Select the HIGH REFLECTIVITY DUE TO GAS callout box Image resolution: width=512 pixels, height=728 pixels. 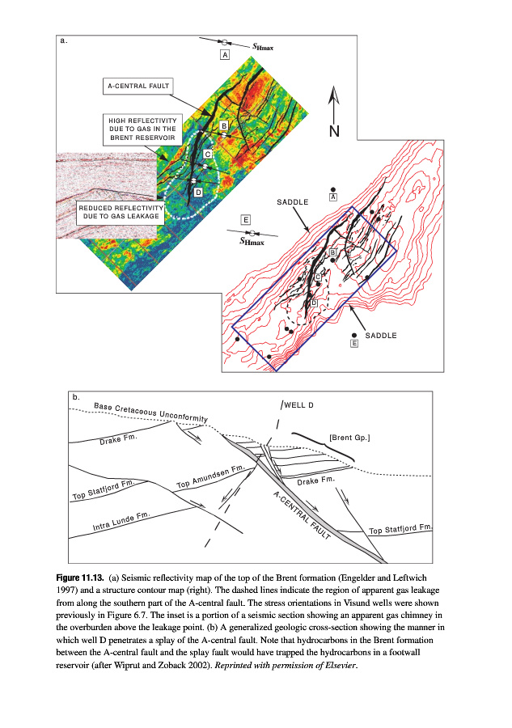click(142, 129)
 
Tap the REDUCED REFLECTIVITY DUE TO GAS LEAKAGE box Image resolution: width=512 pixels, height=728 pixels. click(121, 213)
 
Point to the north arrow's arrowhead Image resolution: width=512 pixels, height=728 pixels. click(332, 95)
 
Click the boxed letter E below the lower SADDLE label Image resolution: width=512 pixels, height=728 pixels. click(354, 344)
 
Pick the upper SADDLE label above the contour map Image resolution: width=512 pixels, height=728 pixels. click(293, 201)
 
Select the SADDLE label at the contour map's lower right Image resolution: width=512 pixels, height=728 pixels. click(381, 335)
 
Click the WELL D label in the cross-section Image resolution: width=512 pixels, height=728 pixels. click(298, 404)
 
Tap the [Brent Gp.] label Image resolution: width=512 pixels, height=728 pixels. click(349, 438)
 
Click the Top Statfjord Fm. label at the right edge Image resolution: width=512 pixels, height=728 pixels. click(402, 529)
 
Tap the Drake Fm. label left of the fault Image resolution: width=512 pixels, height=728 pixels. click(119, 440)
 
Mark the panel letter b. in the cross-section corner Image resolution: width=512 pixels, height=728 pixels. click(76, 397)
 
